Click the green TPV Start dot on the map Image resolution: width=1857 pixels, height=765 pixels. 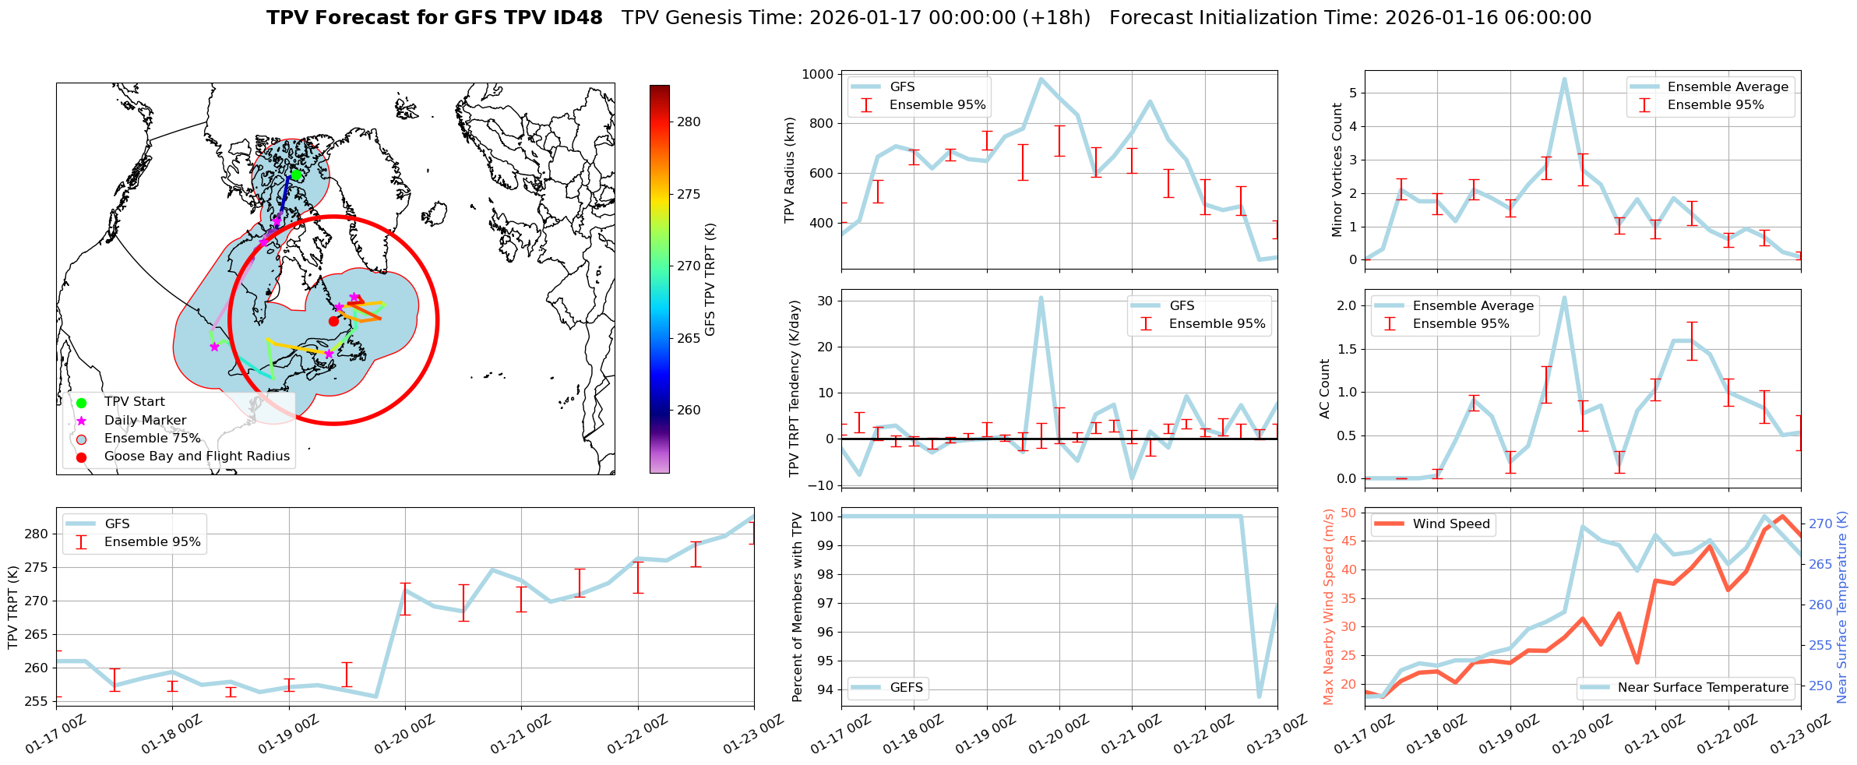click(296, 175)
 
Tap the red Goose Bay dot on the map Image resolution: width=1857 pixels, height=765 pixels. click(333, 321)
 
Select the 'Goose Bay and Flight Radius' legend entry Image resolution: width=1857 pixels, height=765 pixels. click(196, 457)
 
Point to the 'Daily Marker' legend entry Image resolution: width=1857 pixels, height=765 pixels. click(145, 421)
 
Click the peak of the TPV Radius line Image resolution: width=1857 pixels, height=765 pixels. click(1041, 79)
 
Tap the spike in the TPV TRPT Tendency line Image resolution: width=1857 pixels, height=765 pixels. click(1041, 298)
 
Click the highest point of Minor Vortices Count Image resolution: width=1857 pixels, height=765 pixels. click(1564, 79)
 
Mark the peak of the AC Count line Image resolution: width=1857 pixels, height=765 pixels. click(1564, 298)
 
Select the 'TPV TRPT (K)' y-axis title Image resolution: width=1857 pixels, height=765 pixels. click(12, 607)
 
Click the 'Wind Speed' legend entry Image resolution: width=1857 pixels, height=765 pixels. click(1450, 524)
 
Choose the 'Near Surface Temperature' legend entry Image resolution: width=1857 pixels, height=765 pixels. click(1703, 688)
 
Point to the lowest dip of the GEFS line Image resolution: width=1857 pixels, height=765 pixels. click(1260, 696)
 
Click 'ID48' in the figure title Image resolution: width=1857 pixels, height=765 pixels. click(577, 18)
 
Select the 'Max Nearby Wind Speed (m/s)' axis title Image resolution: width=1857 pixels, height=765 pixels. click(1328, 607)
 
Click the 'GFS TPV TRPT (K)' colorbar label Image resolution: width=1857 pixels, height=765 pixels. click(710, 280)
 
